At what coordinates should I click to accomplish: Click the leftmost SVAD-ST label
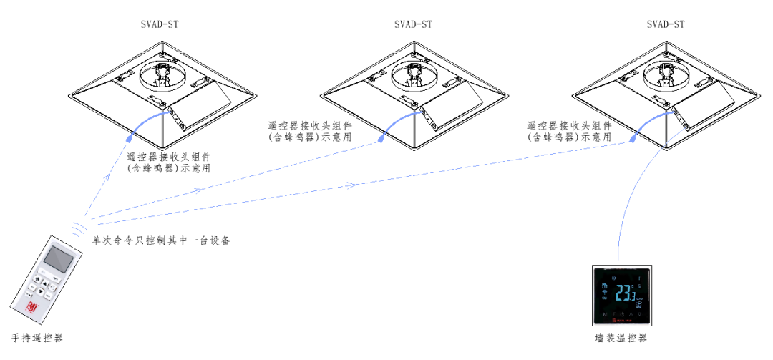pos(160,24)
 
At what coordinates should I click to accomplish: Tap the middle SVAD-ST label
pos(413,24)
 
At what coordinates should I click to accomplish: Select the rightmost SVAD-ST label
pos(665,24)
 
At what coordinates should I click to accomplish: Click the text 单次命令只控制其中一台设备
pos(160,240)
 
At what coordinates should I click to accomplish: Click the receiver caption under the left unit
pos(169,162)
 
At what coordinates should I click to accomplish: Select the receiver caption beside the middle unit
pos(310,131)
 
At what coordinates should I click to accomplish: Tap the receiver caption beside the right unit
pos(570,131)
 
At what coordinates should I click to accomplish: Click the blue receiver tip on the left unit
pos(130,136)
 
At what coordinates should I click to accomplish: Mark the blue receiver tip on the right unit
pos(634,139)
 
